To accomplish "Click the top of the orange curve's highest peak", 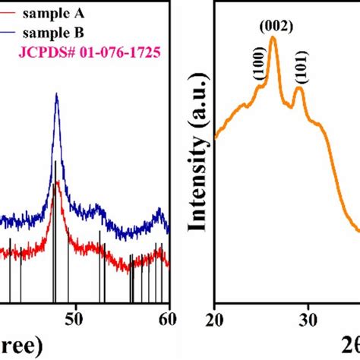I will pos(273,37).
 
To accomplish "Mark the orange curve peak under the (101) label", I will pos(298,89).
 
